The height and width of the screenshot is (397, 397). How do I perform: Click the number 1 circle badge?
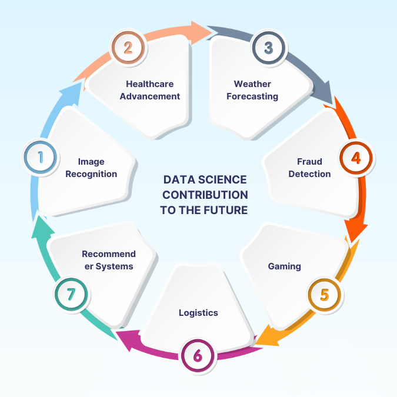(x=41, y=158)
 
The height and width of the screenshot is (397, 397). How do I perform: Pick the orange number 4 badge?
(x=356, y=158)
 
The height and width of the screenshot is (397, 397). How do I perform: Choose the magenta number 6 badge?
(x=198, y=355)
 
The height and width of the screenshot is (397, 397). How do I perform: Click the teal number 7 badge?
(x=71, y=293)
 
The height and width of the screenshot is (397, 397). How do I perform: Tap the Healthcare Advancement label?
(x=150, y=90)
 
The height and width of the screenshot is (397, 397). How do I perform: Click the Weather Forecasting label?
(x=252, y=90)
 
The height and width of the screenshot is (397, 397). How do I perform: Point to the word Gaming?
(x=285, y=266)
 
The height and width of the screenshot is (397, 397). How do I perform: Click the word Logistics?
(x=198, y=312)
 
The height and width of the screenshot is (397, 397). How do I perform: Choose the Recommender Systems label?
(x=108, y=260)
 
